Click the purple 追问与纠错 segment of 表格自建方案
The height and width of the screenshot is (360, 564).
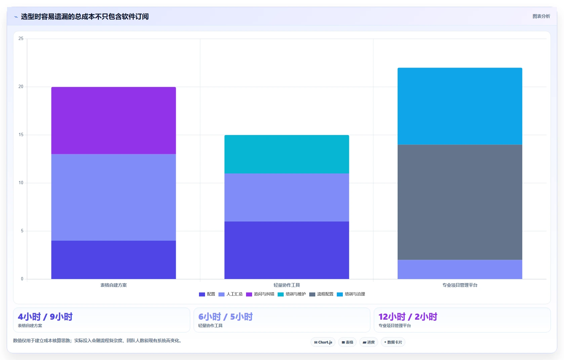pos(114,121)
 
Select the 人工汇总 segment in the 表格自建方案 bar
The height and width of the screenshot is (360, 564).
pos(114,197)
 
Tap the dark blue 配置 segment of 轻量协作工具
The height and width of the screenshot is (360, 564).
pos(287,250)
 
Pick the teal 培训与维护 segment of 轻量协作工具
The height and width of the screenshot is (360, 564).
pos(287,154)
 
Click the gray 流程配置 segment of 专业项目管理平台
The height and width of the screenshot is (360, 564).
pos(460,202)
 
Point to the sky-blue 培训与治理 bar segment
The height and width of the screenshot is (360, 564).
pos(460,106)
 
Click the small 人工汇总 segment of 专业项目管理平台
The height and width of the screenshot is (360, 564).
pos(460,269)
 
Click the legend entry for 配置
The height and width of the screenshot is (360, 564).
pos(207,294)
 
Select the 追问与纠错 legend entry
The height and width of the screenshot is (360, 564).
pos(260,294)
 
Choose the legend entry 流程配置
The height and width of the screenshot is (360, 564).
pos(321,294)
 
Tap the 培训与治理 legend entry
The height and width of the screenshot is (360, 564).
pos(351,294)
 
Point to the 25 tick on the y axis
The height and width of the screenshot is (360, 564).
pos(21,39)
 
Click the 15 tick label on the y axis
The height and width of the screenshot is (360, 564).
pos(21,135)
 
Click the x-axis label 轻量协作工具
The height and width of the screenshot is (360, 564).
pos(287,285)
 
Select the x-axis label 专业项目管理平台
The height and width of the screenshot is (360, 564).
pos(460,285)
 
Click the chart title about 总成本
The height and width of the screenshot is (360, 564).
pos(85,16)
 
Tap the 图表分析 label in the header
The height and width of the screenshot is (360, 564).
pos(541,16)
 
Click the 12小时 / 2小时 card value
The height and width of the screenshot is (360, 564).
pos(408,317)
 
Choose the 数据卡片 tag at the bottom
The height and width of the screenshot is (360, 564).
pos(393,342)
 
